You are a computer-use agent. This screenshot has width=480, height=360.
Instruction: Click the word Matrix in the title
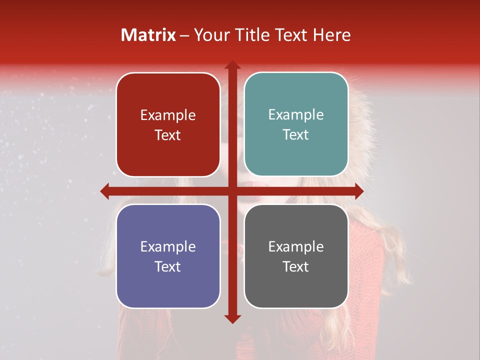[148, 35]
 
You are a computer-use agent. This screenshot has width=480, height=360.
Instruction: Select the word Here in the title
[331, 35]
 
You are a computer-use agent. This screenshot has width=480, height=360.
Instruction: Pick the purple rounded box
[168, 285]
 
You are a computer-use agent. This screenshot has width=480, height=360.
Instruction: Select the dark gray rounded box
[296, 285]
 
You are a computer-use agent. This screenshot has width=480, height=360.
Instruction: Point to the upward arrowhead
[232, 65]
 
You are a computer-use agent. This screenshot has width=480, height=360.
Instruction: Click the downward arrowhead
[232, 318]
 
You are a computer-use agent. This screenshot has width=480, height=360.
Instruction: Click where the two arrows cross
[232, 191]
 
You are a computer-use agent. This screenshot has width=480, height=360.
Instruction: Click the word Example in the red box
[168, 115]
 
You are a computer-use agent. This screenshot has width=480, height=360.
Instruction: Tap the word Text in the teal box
[296, 134]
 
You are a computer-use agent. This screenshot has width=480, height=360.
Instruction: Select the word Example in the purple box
[168, 247]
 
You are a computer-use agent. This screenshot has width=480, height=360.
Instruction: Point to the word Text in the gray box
[296, 266]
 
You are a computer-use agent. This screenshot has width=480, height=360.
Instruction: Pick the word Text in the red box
[168, 135]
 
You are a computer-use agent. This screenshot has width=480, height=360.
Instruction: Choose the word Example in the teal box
[296, 115]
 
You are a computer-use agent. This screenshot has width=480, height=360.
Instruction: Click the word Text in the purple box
[168, 266]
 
